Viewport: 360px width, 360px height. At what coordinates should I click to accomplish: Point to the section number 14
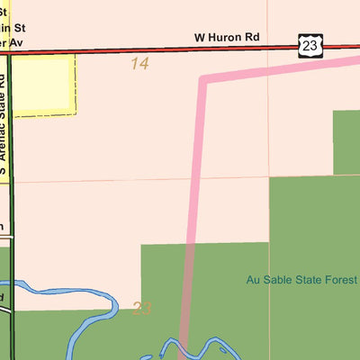coord(139,64)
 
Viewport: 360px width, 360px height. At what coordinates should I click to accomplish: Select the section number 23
coord(141,309)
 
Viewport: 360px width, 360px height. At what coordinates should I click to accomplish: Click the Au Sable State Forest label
coord(302,280)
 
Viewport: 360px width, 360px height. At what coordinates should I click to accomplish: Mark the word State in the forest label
coord(310,280)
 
